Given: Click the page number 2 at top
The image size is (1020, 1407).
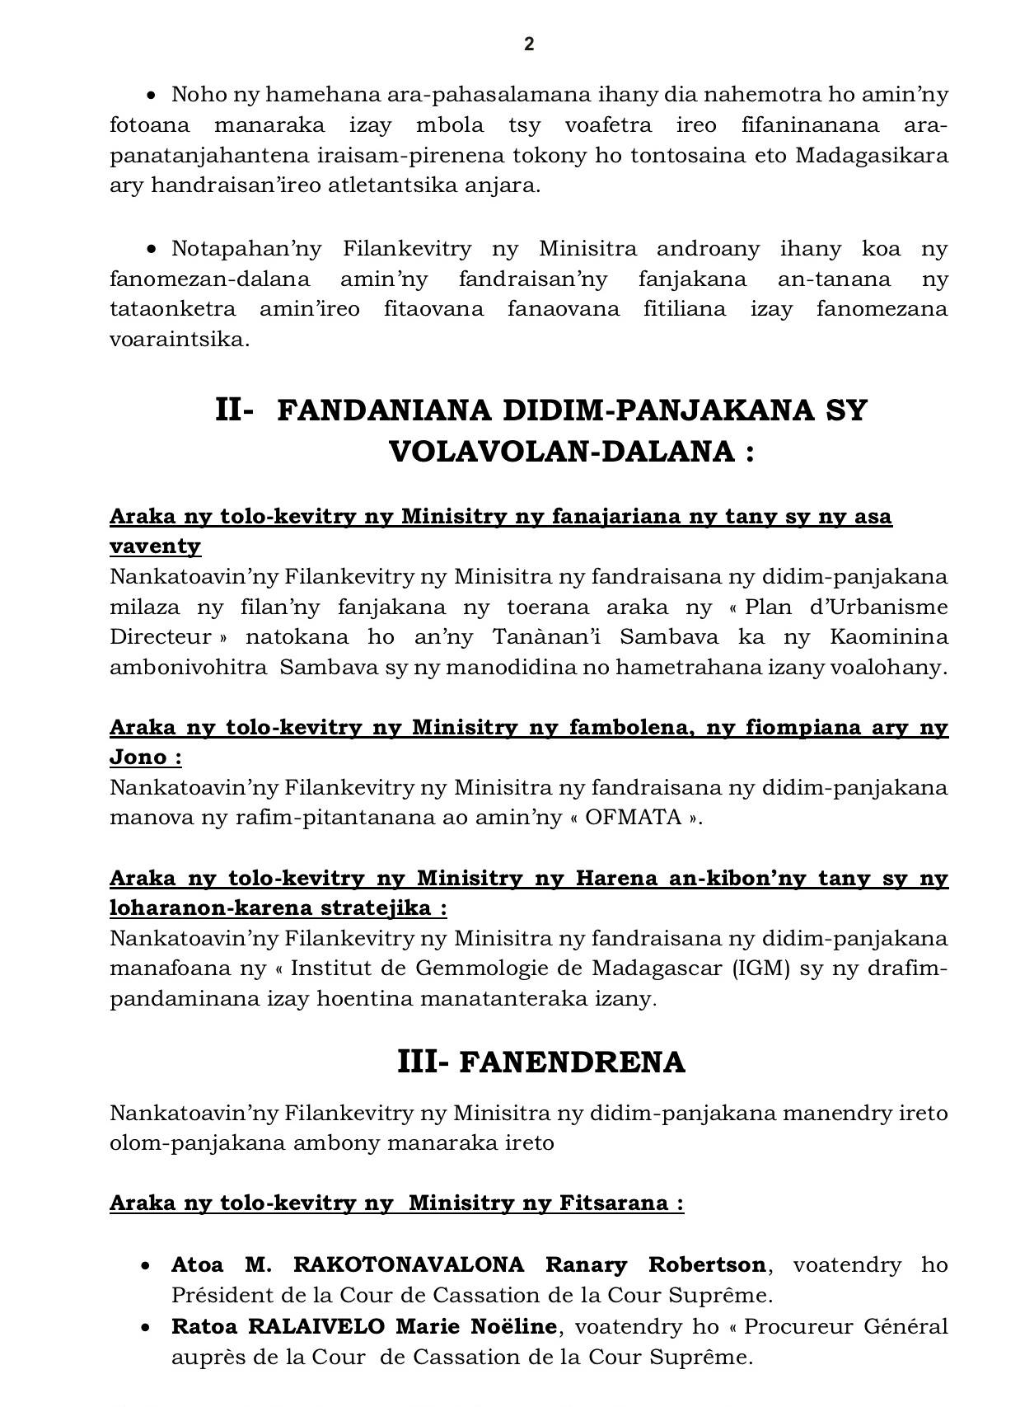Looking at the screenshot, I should pyautogui.click(x=529, y=45).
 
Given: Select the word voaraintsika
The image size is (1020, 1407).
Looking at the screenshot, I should pyautogui.click(x=179, y=340).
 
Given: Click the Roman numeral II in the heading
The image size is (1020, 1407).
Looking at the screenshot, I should pyautogui.click(x=232, y=410).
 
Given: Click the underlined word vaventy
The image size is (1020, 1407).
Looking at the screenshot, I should pyautogui.click(x=155, y=546).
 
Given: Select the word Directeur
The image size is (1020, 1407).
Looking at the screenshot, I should pyautogui.click(x=161, y=637).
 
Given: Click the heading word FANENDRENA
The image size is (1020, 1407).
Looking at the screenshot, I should pyautogui.click(x=572, y=1063).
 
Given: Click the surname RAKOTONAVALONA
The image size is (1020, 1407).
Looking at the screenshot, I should pyautogui.click(x=409, y=1264).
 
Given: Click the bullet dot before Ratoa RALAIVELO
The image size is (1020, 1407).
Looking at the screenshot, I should pyautogui.click(x=146, y=1328).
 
